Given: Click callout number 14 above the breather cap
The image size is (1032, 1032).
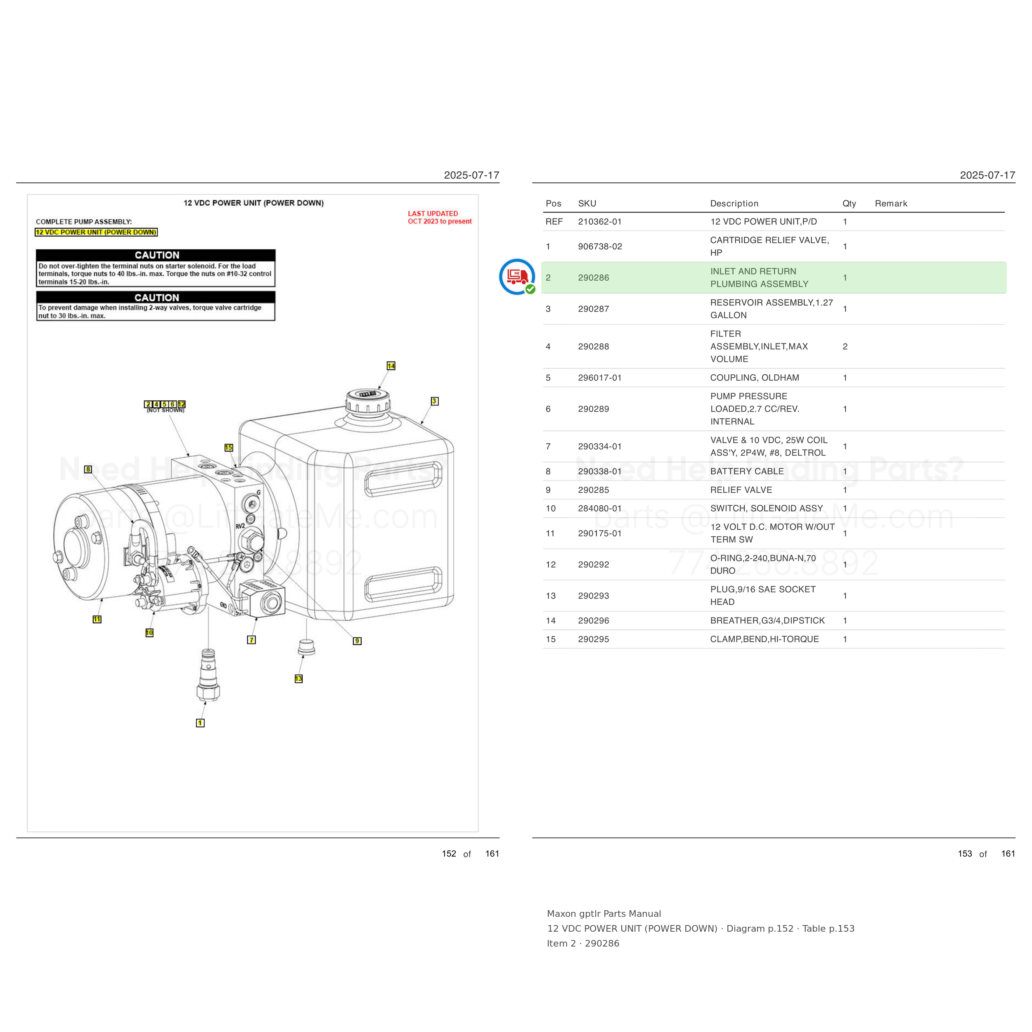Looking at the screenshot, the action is point(391,366).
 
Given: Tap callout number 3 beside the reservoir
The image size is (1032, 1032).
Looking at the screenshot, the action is point(435,401).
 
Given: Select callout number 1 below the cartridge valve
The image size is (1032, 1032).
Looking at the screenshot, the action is point(200,723).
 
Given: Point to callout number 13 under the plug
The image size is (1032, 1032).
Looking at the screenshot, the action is point(298,679).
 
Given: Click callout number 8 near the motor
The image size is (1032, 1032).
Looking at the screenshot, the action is point(88,469).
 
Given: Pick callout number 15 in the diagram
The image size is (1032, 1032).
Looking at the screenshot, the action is point(229,447).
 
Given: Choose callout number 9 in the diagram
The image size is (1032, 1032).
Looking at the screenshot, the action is point(357,641).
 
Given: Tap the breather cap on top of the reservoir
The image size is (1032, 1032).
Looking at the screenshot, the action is point(367,402).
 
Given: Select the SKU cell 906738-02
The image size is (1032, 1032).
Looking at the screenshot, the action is point(600,246).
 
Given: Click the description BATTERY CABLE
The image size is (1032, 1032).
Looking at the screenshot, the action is point(747,471).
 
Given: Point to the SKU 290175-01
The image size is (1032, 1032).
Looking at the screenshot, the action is point(600,533).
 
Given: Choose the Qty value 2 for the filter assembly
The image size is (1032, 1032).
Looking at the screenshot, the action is point(845,347).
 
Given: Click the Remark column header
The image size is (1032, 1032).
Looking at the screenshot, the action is point(891,204).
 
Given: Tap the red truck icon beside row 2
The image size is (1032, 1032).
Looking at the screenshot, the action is point(517,277).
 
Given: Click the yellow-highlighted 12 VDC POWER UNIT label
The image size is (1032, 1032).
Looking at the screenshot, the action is point(96,232).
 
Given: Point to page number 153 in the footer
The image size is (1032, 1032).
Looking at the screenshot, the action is point(965,854).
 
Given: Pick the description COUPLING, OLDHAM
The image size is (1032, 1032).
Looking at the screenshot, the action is point(754,378).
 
